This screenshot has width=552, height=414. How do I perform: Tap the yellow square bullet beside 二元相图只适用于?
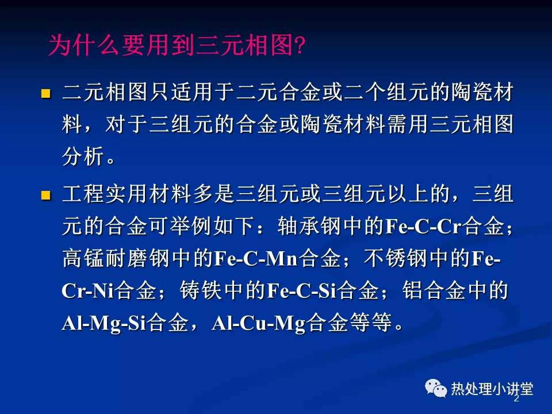[x=46, y=93]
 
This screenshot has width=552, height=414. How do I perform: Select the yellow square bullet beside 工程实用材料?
[x=46, y=196]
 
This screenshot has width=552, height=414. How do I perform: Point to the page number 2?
[x=516, y=398]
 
